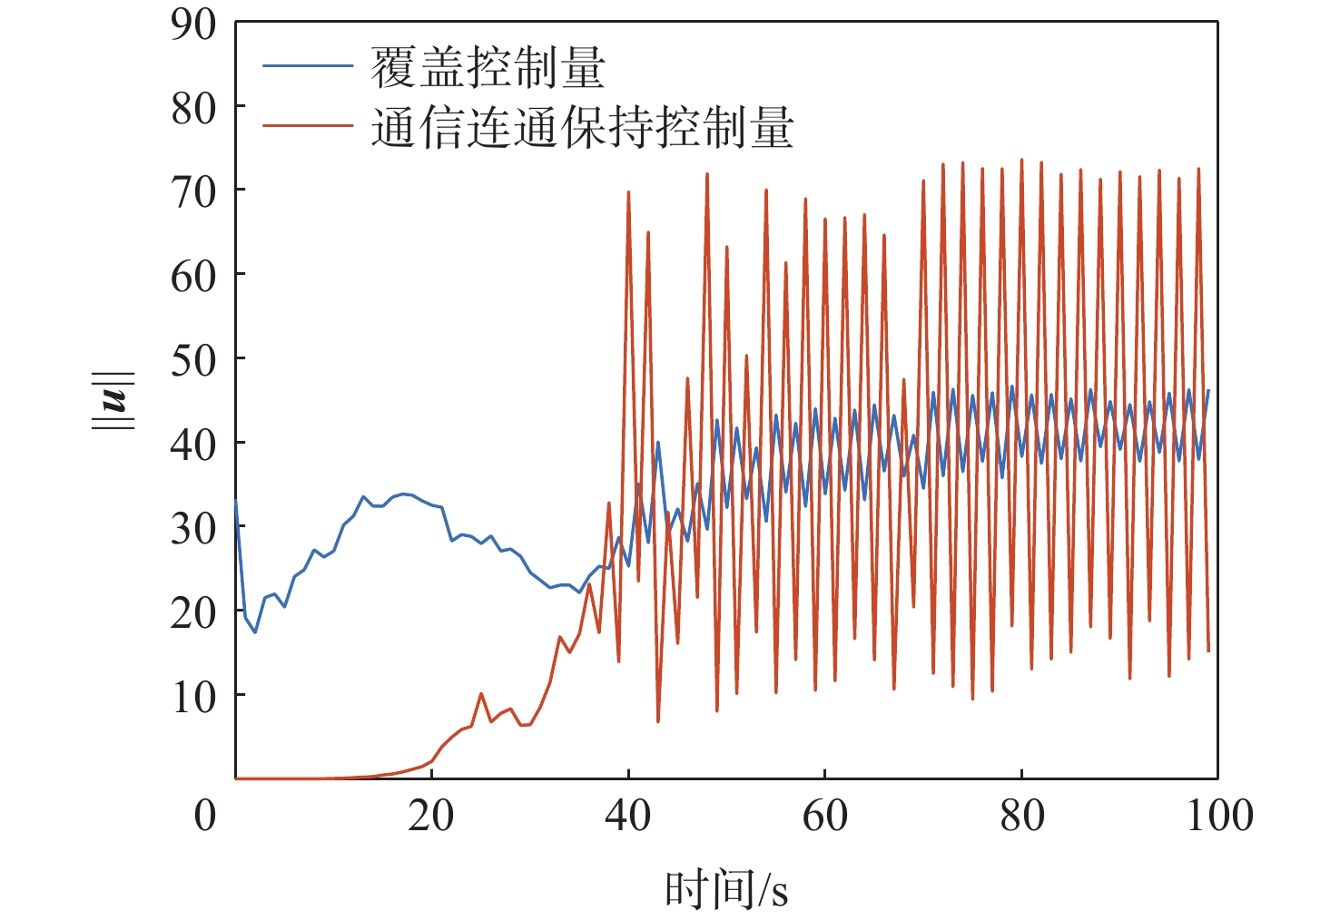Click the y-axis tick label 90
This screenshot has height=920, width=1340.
pos(193,24)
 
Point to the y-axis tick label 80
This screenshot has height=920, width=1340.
pos(193,109)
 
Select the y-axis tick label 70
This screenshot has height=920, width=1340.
pos(193,192)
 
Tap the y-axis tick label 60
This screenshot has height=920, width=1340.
pos(193,277)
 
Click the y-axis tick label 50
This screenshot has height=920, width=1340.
pos(193,361)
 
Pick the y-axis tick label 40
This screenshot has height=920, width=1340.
pos(193,445)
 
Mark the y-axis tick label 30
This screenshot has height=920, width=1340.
pos(193,529)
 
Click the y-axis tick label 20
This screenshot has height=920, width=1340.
pos(193,613)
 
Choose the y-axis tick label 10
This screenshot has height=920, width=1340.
pos(193,697)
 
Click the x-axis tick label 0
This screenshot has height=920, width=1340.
pos(206,816)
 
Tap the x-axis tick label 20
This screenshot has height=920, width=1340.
pos(430,816)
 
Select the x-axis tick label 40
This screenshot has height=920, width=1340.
pos(627,816)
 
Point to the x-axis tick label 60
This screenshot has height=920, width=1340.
pos(824,816)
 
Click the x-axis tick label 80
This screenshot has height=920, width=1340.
pos(1021,816)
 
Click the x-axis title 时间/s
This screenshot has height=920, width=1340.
pos(725,889)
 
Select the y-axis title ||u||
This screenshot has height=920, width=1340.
pos(117,400)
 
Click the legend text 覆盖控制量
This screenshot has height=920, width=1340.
pos(488,67)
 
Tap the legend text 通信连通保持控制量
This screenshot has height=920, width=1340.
pos(582,128)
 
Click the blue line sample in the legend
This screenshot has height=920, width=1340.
pos(307,66)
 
